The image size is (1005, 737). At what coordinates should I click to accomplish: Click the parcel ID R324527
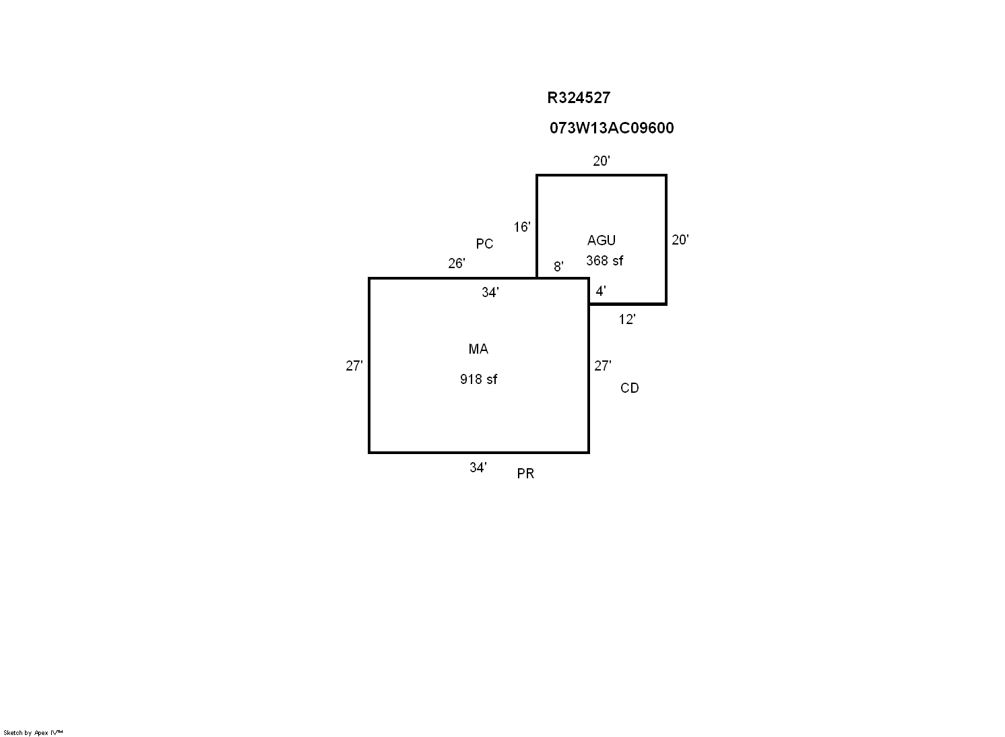[x=579, y=98]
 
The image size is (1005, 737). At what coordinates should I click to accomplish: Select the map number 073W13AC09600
[x=612, y=128]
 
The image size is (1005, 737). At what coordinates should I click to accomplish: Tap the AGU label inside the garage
[x=602, y=241]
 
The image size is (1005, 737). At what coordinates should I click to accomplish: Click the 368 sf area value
[x=604, y=261]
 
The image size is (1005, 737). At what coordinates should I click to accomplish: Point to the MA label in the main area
[x=478, y=349]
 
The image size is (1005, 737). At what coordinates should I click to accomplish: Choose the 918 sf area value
[x=478, y=379]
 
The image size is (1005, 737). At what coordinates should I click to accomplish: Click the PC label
[x=484, y=244]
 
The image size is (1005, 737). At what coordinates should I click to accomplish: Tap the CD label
[x=629, y=388]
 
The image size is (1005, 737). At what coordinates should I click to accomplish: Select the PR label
[x=525, y=474]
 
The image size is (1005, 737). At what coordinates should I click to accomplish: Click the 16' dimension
[x=522, y=227]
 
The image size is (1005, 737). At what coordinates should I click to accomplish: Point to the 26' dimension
[x=456, y=263]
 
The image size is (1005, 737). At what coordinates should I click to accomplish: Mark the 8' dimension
[x=558, y=267]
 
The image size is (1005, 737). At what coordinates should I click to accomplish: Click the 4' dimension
[x=601, y=291]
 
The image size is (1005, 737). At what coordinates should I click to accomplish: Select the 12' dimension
[x=627, y=319]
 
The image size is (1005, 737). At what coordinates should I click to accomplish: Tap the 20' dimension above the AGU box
[x=602, y=161]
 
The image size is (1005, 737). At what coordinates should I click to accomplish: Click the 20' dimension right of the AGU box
[x=680, y=240]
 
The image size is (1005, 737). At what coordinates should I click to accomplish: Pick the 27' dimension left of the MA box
[x=354, y=366]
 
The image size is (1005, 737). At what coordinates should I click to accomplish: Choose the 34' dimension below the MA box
[x=478, y=468]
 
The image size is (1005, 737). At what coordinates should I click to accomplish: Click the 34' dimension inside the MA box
[x=490, y=292]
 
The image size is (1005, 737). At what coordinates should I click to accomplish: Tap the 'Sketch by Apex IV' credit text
[x=33, y=732]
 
